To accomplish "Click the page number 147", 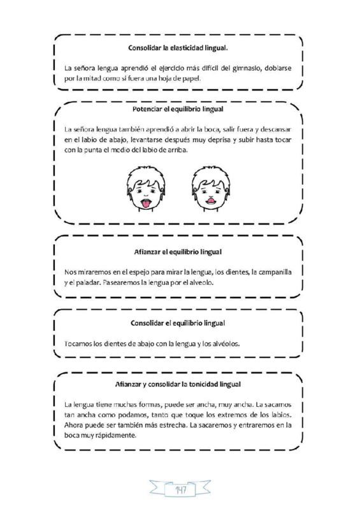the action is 179,490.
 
